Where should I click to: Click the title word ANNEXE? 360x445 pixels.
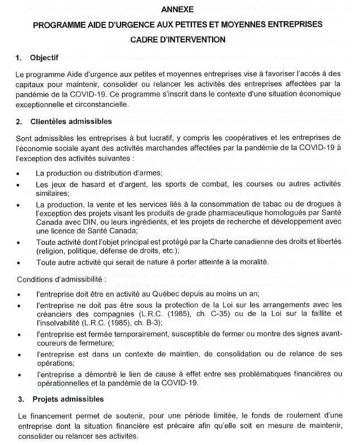pos(178,9)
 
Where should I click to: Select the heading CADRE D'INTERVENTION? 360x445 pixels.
pos(178,40)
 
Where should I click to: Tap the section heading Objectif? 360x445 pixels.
pos(44,57)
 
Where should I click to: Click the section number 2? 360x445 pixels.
pos(19,121)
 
